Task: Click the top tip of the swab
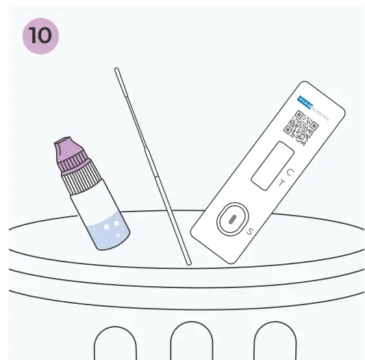pos(117,70)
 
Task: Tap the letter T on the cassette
pos(281,183)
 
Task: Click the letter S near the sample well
pos(250,231)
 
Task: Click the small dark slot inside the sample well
pos(231,220)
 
